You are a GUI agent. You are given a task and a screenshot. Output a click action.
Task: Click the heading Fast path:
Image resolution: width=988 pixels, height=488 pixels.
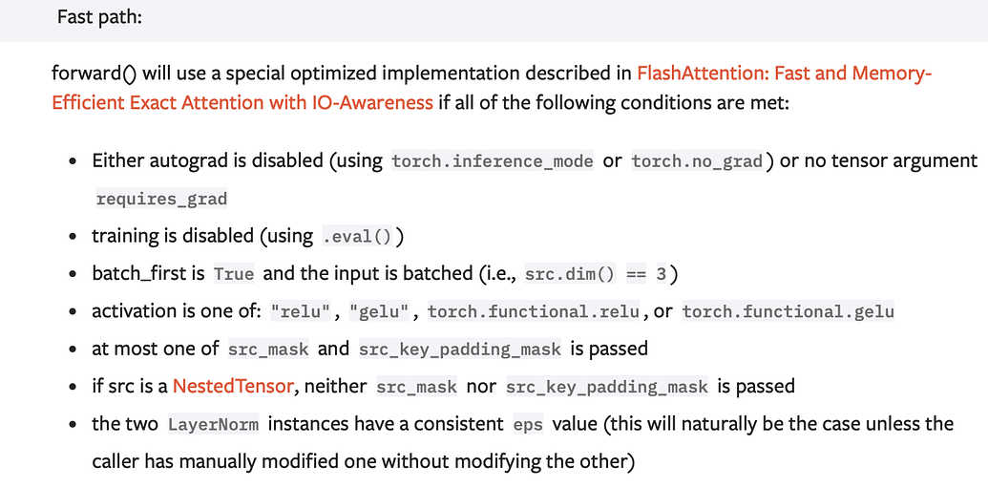click(99, 17)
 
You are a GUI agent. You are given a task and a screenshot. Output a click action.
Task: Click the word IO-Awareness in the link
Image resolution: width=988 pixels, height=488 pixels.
click(372, 102)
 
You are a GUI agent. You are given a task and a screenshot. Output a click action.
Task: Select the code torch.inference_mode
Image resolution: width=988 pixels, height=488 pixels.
click(493, 161)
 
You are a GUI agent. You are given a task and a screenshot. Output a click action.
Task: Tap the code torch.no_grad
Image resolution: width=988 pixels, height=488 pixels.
click(697, 161)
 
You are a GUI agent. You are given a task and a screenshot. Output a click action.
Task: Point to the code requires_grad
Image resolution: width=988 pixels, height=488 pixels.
click(161, 199)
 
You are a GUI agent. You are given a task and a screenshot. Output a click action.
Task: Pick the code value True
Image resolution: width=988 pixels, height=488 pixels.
click(234, 274)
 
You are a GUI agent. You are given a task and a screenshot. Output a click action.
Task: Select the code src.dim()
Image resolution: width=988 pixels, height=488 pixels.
click(570, 274)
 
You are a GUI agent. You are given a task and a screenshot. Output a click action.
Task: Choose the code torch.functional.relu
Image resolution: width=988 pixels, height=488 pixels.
click(534, 312)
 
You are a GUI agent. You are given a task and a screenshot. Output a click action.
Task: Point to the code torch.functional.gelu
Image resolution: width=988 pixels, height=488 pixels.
click(788, 312)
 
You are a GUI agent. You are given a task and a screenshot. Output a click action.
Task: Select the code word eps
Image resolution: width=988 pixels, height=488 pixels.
click(528, 424)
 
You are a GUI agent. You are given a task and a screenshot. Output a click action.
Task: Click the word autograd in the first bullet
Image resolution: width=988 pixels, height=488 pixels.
click(185, 160)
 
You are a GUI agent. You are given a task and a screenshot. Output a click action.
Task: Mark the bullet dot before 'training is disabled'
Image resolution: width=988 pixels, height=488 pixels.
click(73, 237)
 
